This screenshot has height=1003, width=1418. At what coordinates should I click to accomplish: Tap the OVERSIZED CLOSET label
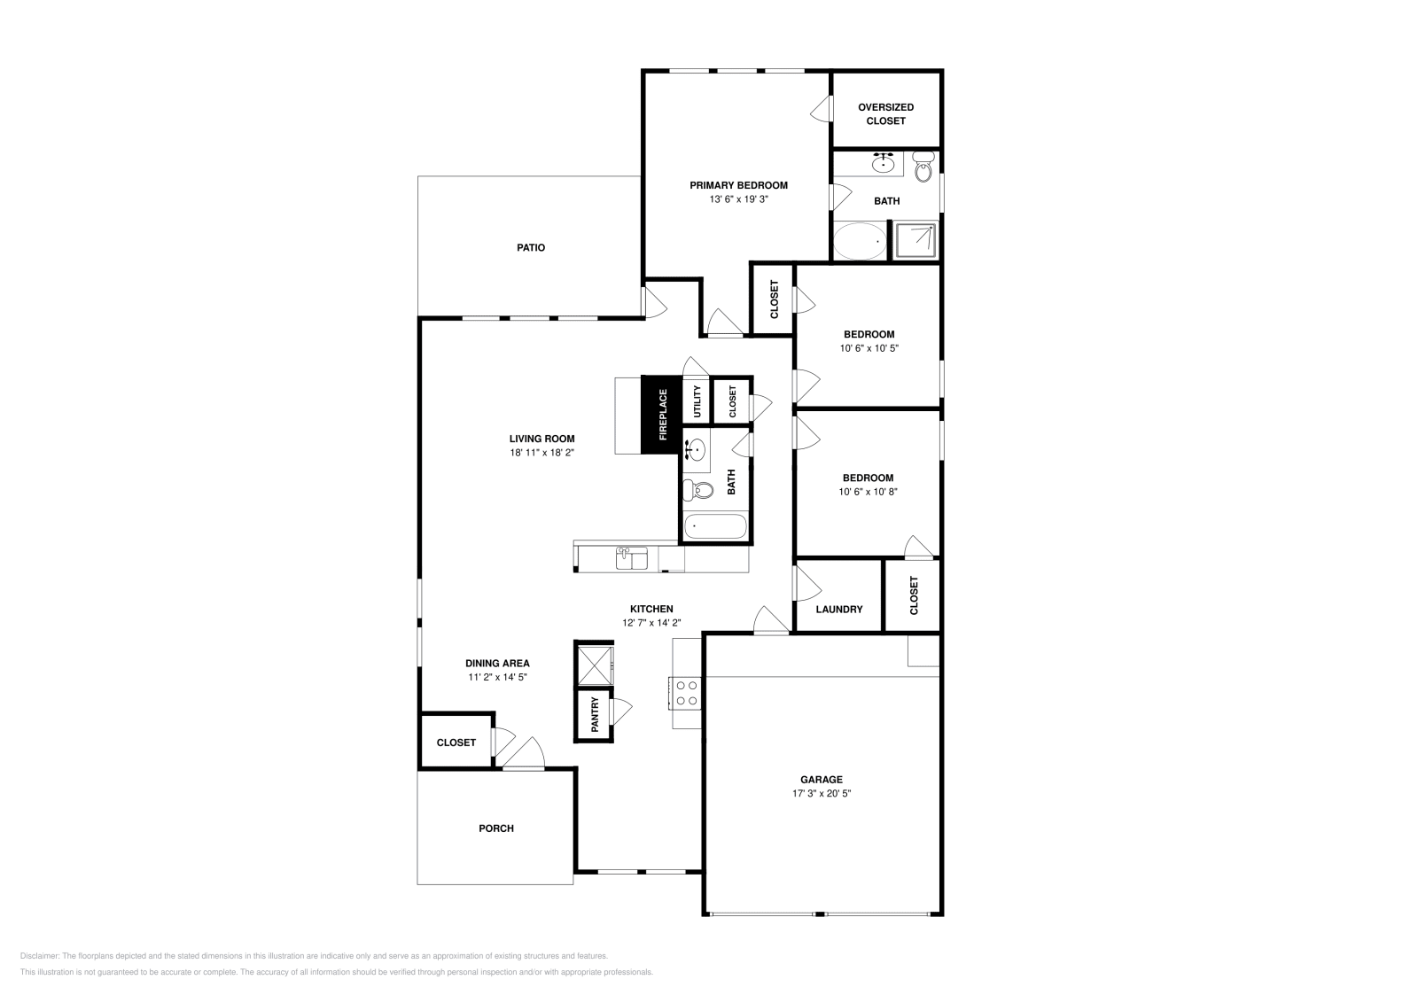point(885,113)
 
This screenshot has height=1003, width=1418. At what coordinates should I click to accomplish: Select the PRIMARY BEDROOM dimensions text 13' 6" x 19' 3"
point(738,199)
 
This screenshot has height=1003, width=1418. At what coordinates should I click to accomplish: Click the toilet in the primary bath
point(923,167)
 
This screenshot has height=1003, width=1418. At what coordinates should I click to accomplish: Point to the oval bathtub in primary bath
point(859,241)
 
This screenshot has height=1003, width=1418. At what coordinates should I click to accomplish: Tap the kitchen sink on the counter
point(632,557)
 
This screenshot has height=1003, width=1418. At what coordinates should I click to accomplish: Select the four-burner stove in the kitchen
point(686,692)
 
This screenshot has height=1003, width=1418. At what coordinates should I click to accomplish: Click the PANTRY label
point(595,714)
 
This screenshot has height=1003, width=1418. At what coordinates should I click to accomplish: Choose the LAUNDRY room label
point(838,609)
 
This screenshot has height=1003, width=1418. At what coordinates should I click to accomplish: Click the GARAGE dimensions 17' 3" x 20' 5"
point(822,794)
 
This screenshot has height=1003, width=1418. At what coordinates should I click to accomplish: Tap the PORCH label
point(496,828)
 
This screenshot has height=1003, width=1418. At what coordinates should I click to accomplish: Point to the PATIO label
point(531,247)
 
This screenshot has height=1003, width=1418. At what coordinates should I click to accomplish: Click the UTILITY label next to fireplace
point(697,401)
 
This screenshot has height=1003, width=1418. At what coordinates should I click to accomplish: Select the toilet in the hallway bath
point(700,489)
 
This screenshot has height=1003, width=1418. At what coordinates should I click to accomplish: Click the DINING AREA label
point(497,663)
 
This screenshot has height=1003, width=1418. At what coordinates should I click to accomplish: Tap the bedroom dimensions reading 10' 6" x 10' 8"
point(868,492)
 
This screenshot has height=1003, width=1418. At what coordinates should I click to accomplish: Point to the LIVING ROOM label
point(541,438)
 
